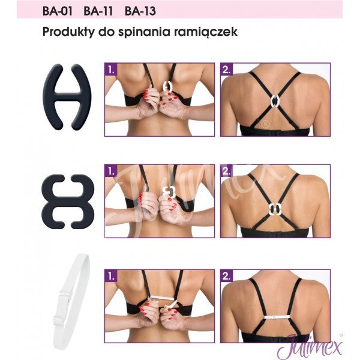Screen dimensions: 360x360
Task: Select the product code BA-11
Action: pyautogui.click(x=98, y=10)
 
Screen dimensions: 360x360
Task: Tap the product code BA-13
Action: pyautogui.click(x=140, y=10)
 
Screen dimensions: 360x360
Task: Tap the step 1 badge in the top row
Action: pyautogui.click(x=112, y=69)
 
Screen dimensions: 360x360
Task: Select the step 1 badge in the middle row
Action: pyautogui.click(x=112, y=171)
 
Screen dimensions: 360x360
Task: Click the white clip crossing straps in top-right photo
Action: pyautogui.click(x=274, y=100)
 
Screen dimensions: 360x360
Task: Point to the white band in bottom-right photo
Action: pyautogui.click(x=275, y=314)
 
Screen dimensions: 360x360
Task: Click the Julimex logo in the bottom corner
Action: pyautogui.click(x=307, y=346)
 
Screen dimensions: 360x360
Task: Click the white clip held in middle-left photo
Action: pyautogui.click(x=169, y=191)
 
